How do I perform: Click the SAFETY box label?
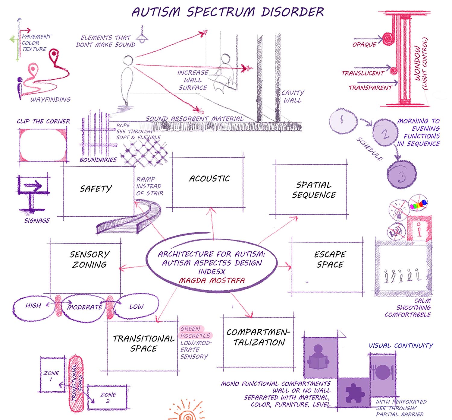coord(96,189)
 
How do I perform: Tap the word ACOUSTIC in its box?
coord(209,179)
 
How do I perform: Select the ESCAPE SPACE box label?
coord(330,259)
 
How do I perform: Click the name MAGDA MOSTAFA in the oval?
coord(212,281)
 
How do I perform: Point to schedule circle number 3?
coord(402,174)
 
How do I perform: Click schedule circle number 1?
coord(343,121)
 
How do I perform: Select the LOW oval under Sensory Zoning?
coord(136,307)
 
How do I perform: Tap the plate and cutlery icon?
coord(382,372)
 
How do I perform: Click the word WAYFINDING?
coord(50,100)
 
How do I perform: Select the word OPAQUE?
coord(364,45)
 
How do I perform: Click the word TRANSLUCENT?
coord(363,73)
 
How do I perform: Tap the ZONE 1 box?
coord(52,375)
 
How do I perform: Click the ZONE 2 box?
coord(108,397)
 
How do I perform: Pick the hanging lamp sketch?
coord(142,36)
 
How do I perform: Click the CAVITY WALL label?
coord(293,97)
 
